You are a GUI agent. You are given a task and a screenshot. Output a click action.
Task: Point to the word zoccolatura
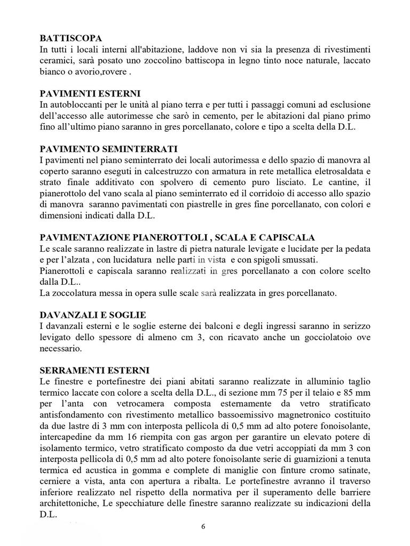[x=76, y=293]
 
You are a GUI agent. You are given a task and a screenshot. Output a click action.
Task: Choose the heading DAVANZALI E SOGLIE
[x=93, y=315]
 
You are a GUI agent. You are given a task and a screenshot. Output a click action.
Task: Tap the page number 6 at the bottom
[x=203, y=527]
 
